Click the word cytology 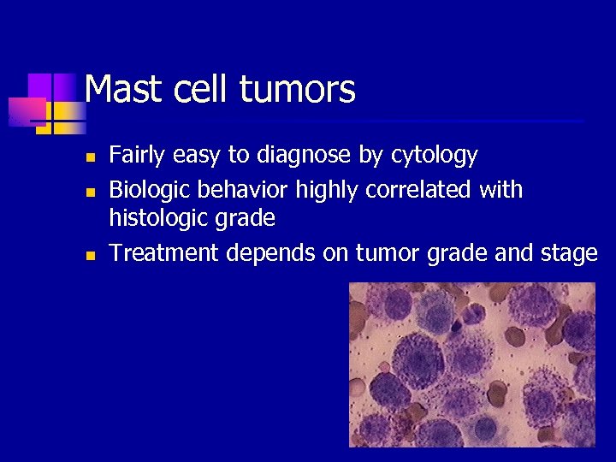[434, 156]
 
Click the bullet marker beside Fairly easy [88, 157]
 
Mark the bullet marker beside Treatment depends [88, 254]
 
